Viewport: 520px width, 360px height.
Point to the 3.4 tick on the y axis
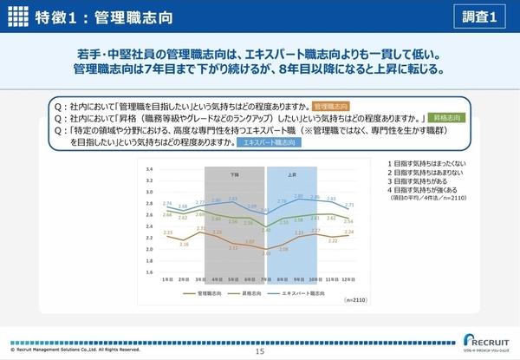coord(149,170)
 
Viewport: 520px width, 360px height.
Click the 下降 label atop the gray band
coord(234,173)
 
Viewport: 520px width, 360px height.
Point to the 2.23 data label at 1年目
coord(167,232)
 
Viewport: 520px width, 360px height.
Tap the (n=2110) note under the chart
coord(356,299)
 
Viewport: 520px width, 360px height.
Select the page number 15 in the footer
coord(259,351)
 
